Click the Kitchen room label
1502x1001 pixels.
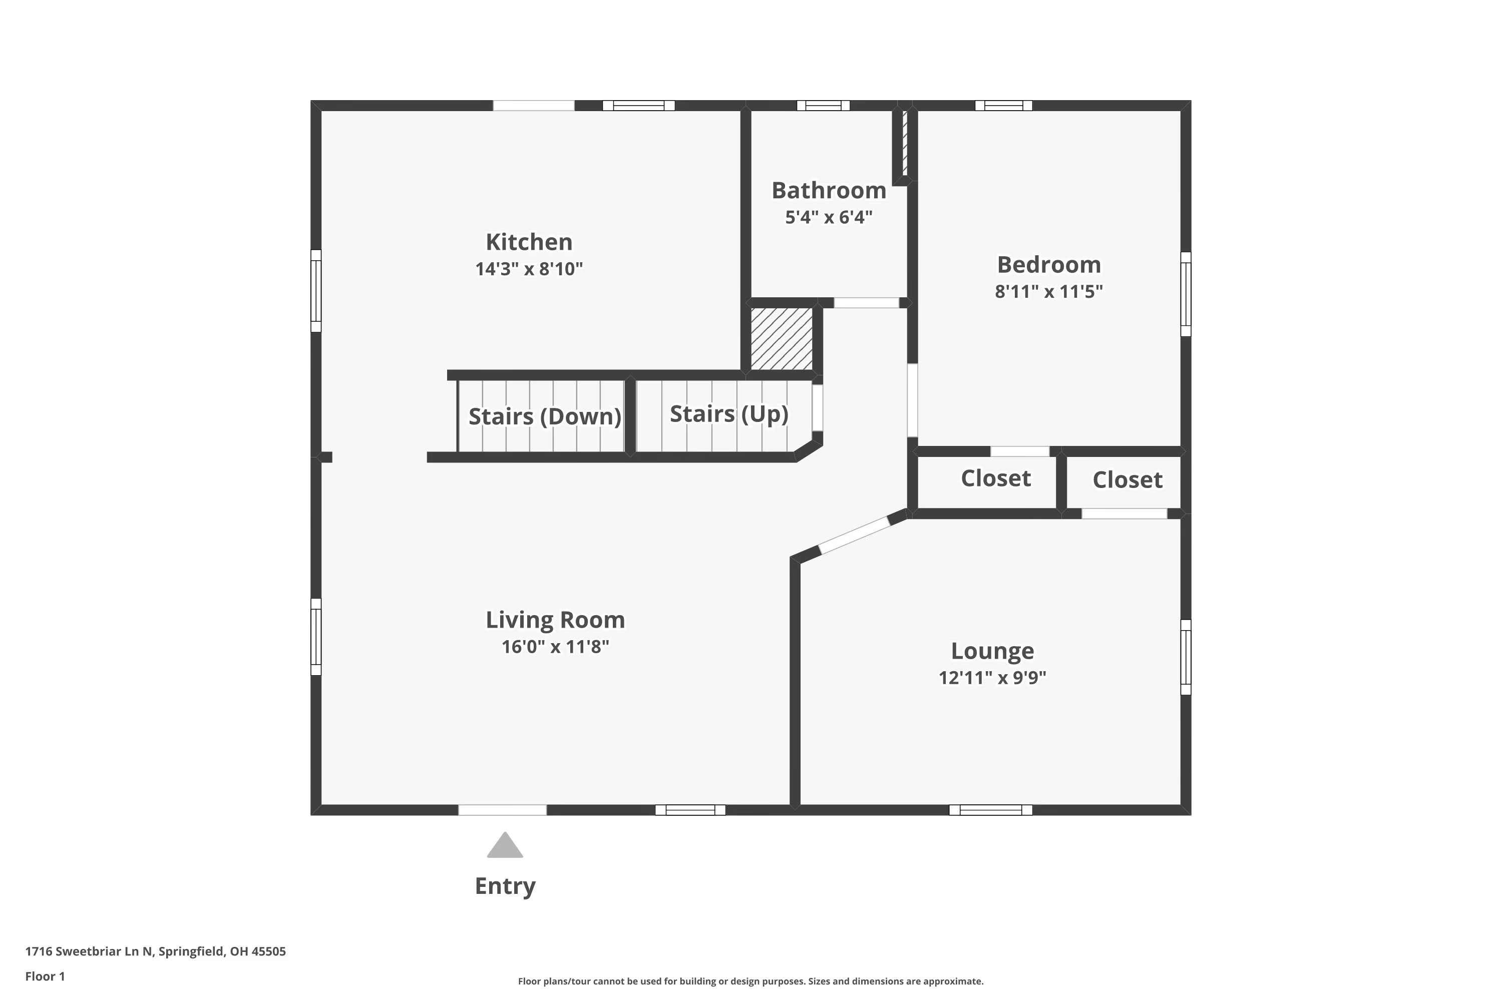(x=529, y=242)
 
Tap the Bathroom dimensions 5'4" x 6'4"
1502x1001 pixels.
(x=828, y=217)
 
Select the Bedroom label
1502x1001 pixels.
(x=1048, y=264)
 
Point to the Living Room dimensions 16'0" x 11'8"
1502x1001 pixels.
(x=555, y=647)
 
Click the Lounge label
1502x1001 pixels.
(x=992, y=651)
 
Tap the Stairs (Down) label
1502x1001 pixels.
(x=544, y=416)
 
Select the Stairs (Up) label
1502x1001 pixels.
(x=728, y=414)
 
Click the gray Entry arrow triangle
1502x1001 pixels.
(x=505, y=846)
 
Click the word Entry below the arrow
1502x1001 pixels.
(x=505, y=886)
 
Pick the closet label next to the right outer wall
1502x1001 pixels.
(x=1127, y=480)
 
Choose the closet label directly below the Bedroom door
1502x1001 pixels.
(x=996, y=478)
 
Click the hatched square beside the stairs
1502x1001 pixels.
(x=781, y=338)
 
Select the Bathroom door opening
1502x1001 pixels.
(x=866, y=303)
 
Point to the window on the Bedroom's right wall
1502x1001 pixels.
(x=1185, y=294)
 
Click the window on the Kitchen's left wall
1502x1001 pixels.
(x=316, y=290)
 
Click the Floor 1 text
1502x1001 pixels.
(x=45, y=976)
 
